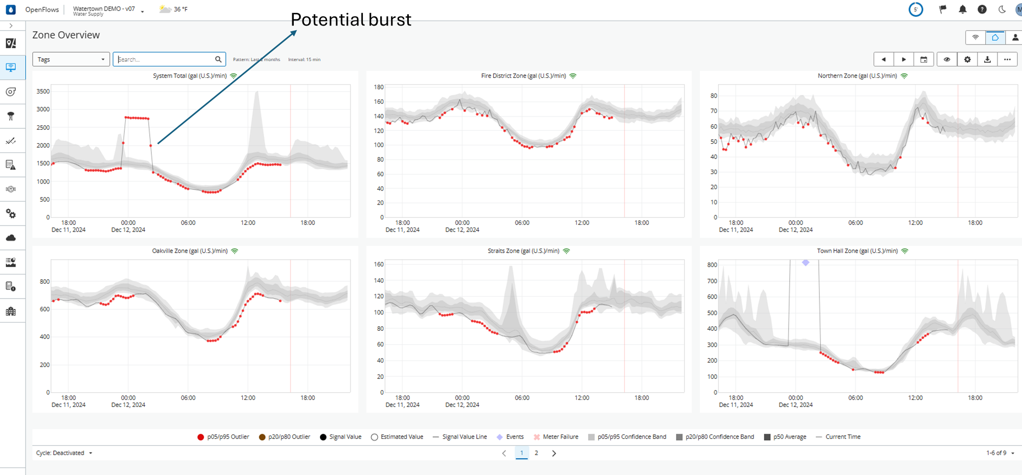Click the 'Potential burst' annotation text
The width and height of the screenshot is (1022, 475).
351,20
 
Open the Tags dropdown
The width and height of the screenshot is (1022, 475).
71,59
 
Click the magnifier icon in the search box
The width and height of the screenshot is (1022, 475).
218,59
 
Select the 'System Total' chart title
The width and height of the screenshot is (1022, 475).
190,76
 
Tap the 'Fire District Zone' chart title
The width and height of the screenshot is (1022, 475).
523,76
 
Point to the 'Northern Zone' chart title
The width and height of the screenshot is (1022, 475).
857,76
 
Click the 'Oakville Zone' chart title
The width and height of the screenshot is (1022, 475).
190,251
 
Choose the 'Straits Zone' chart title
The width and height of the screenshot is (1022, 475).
523,251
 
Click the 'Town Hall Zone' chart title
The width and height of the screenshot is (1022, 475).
857,251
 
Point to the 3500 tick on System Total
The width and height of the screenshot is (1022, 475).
43,92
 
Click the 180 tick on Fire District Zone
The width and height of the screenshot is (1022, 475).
378,87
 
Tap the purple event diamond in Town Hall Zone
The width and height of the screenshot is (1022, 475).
805,263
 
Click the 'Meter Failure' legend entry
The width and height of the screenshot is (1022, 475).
560,437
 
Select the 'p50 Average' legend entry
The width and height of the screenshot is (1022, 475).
789,437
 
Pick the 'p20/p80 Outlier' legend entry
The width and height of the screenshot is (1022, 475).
289,437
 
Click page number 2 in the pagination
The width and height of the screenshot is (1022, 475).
536,453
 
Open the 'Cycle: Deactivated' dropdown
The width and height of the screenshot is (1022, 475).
64,453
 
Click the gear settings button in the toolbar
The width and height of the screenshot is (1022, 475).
967,59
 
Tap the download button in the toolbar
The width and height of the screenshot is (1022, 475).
987,59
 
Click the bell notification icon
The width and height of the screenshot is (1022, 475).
962,9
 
